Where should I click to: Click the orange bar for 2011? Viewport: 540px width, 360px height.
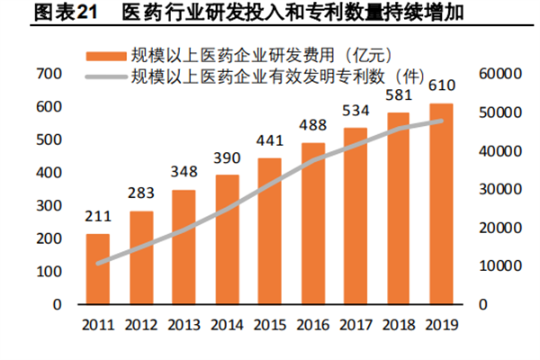pos(98,268)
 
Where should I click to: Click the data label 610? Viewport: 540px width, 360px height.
pos(441,86)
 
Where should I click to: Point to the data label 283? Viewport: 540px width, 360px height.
pos(141,194)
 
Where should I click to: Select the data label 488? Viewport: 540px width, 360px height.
pos(313,126)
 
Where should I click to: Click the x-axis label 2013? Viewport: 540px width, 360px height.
pos(184,324)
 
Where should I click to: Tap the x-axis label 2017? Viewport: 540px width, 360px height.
pos(355,324)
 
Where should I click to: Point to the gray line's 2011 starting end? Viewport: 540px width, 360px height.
pos(98,263)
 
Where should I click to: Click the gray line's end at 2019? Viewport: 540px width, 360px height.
pos(441,121)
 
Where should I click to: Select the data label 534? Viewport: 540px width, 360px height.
pos(355,111)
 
